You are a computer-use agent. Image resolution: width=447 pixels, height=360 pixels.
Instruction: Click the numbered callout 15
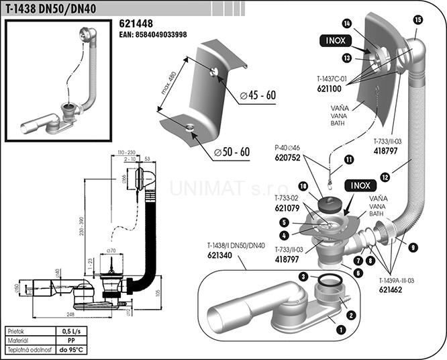pyautogui.click(x=418, y=19)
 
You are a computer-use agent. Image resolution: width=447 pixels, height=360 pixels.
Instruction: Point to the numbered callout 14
pyautogui.click(x=346, y=24)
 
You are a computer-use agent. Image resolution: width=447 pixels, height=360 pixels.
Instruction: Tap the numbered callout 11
pyautogui.click(x=349, y=159)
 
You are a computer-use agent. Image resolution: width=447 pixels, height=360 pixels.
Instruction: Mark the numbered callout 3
pyautogui.click(x=303, y=276)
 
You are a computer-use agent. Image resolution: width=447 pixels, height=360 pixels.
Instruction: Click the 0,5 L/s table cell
pyautogui.click(x=70, y=332)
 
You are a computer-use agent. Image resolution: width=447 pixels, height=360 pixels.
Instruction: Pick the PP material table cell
pyautogui.click(x=70, y=341)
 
